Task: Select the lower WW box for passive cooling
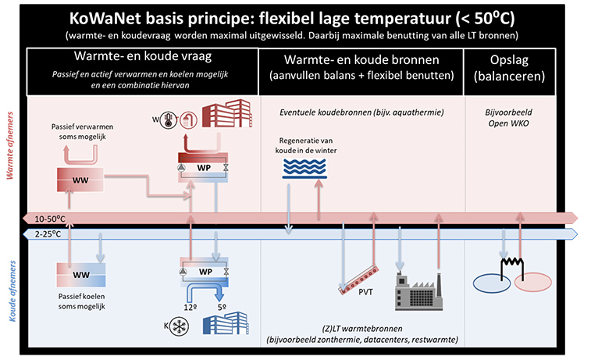(x=80, y=274)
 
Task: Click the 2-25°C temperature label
(x=47, y=233)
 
